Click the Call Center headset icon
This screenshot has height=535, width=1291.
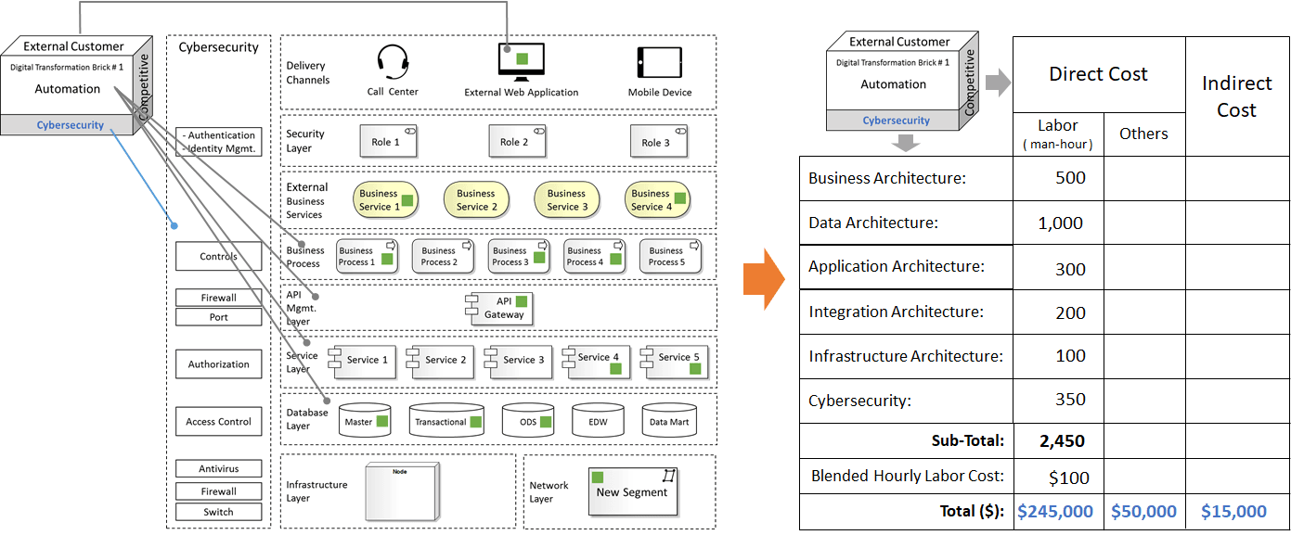click(393, 63)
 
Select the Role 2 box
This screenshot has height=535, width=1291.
click(513, 142)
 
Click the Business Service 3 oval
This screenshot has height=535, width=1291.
click(566, 200)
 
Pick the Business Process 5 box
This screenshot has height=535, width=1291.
click(669, 256)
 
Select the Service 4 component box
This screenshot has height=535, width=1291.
click(598, 362)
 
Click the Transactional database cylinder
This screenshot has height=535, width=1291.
click(445, 421)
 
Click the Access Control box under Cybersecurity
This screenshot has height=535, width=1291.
click(218, 422)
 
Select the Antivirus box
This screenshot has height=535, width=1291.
click(218, 469)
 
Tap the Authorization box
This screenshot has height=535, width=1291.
click(218, 364)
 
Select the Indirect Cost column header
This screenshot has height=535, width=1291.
click(1236, 96)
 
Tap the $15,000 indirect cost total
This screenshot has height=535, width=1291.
click(1233, 511)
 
